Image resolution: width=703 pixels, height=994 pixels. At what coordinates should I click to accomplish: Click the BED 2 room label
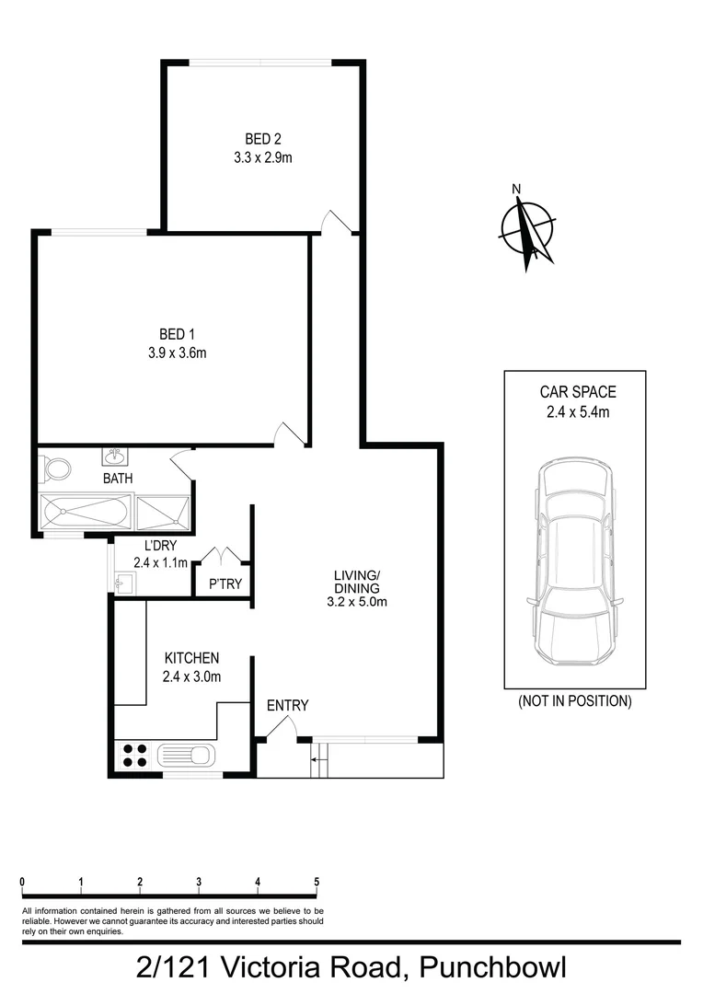pyautogui.click(x=262, y=139)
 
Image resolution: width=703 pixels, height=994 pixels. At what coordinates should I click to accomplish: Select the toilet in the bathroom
pyautogui.click(x=57, y=468)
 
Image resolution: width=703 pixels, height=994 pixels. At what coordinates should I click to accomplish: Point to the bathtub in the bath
pyautogui.click(x=87, y=512)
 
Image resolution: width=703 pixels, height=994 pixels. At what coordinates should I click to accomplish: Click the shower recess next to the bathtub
pyautogui.click(x=164, y=512)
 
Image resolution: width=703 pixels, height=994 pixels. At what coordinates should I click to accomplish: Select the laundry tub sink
pyautogui.click(x=124, y=581)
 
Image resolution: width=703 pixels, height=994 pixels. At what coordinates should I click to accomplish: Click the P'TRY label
pyautogui.click(x=225, y=584)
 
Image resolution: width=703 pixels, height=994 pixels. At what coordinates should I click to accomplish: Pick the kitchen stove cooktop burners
pyautogui.click(x=134, y=756)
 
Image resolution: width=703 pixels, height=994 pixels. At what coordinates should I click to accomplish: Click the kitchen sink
pyautogui.click(x=186, y=756)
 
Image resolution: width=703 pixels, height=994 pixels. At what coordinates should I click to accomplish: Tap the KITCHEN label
pyautogui.click(x=191, y=658)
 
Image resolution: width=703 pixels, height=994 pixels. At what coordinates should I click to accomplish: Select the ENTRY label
pyautogui.click(x=287, y=706)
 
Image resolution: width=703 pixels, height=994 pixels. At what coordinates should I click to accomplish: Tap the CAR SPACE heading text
pyautogui.click(x=577, y=392)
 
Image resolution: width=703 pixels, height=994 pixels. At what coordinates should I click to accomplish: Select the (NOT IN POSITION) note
pyautogui.click(x=574, y=701)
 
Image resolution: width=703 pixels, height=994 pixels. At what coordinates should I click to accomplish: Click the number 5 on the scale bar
pyautogui.click(x=317, y=881)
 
